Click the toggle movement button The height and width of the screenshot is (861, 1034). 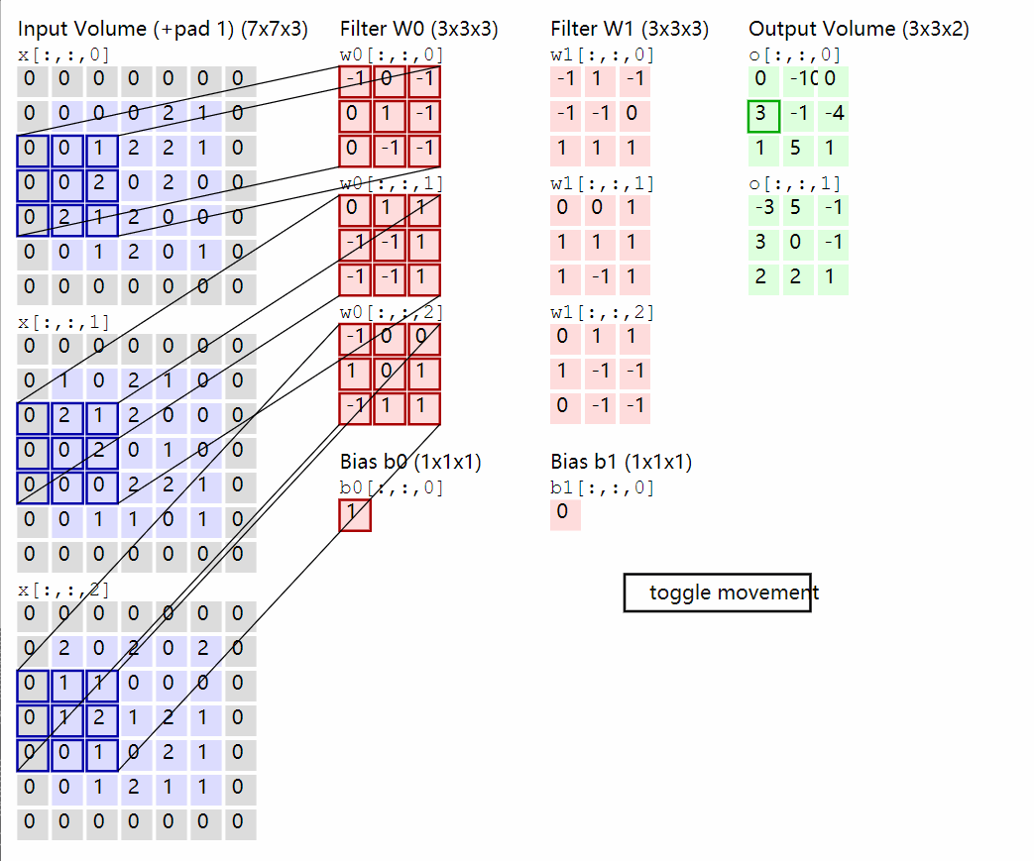[x=717, y=592]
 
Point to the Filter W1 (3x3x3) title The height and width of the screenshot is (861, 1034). [x=630, y=29]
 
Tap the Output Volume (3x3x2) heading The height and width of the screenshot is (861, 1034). [x=859, y=29]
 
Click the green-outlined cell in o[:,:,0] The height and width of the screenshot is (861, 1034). [x=763, y=116]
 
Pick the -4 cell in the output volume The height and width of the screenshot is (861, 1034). [x=833, y=116]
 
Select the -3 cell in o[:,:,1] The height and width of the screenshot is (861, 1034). [x=763, y=208]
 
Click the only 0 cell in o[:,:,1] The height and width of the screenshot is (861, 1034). [x=798, y=243]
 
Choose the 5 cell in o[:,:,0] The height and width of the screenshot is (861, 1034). [x=798, y=150]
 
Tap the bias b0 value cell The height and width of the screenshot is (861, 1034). [x=355, y=514]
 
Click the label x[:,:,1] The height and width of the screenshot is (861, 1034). [x=64, y=322]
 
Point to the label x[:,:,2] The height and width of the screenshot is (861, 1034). [x=64, y=590]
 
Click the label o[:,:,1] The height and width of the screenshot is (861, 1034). [x=795, y=183]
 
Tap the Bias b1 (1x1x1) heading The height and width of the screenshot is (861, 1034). [x=622, y=462]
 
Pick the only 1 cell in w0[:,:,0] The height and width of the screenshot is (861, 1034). [x=390, y=116]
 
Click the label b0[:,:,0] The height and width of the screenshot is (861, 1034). [x=392, y=487]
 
